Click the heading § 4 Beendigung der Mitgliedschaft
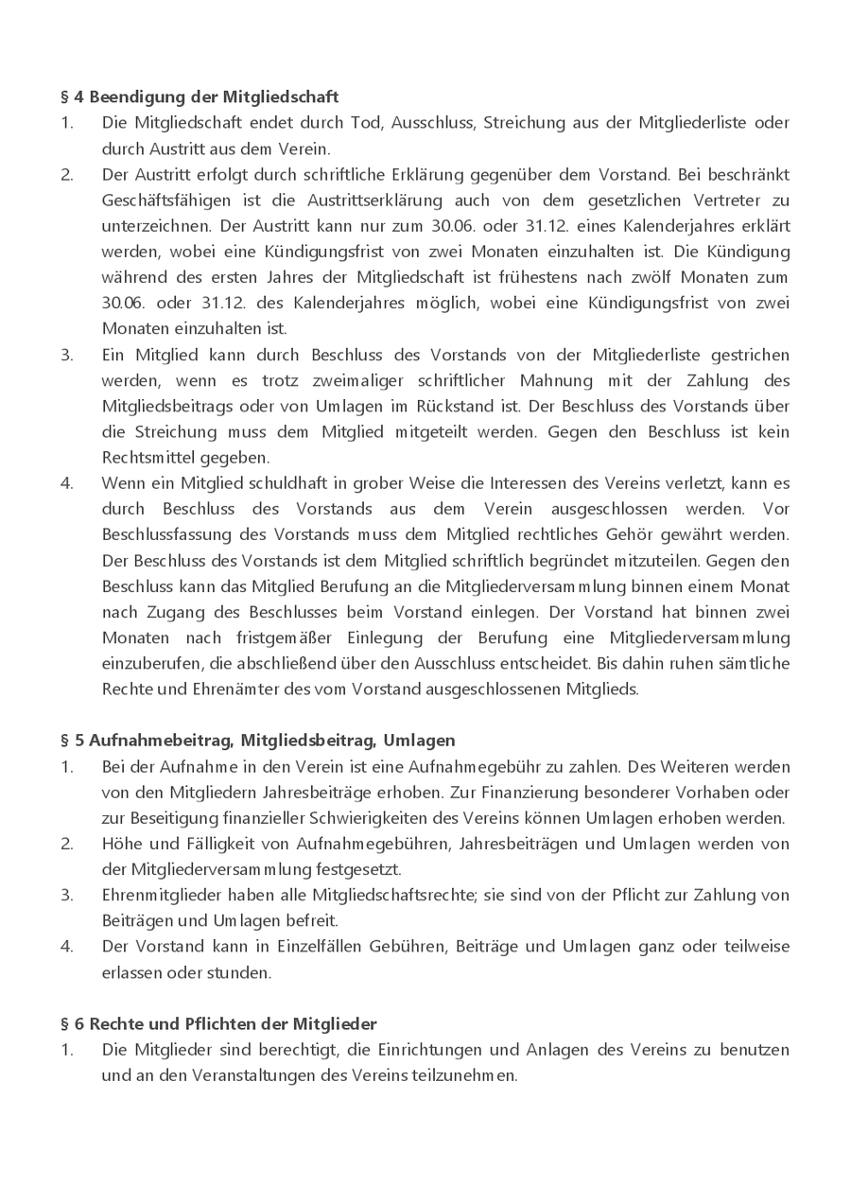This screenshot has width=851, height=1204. (x=200, y=96)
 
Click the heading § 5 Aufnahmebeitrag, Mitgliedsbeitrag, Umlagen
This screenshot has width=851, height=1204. (x=257, y=740)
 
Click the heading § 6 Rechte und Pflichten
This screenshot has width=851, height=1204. (x=218, y=1023)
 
